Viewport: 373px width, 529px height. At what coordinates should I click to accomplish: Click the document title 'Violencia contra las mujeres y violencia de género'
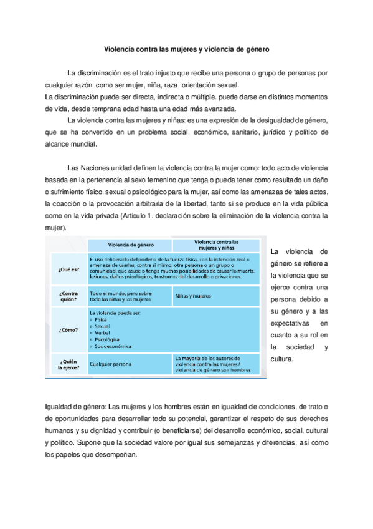click(x=186, y=47)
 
